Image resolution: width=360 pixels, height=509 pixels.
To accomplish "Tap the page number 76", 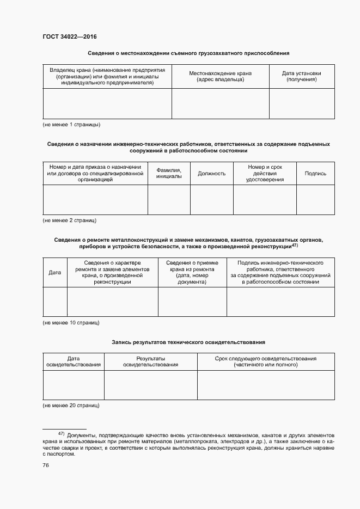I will [x=46, y=465].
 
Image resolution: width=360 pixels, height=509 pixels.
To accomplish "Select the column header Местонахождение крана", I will [x=220, y=76].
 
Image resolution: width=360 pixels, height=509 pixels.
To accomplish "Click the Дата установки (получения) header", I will [x=301, y=76].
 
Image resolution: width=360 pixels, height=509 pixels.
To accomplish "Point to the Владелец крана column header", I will [x=107, y=77].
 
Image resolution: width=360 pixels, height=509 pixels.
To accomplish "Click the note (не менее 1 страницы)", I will [x=71, y=125].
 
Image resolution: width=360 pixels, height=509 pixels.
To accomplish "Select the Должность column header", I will [x=212, y=174].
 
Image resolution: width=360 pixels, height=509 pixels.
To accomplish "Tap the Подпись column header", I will [x=315, y=174].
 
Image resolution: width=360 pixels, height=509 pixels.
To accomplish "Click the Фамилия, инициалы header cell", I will [x=169, y=174].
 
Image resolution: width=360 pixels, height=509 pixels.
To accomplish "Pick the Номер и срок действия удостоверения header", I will [x=265, y=174].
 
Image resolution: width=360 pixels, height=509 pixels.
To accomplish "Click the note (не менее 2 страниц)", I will [x=70, y=220].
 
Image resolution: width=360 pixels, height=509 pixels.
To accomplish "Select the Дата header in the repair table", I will [x=54, y=272].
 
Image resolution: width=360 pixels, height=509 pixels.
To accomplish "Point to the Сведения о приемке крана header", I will [x=192, y=272].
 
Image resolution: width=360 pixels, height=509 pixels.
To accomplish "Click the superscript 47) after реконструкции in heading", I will [x=294, y=245].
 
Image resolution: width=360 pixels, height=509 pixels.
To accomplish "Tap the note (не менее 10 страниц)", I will [x=71, y=323].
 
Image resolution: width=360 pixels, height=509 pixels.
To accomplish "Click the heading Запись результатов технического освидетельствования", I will [x=188, y=342].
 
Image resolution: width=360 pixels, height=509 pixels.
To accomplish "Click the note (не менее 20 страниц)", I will [x=71, y=406].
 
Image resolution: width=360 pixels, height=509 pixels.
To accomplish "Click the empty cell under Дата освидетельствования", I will [x=73, y=385].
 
